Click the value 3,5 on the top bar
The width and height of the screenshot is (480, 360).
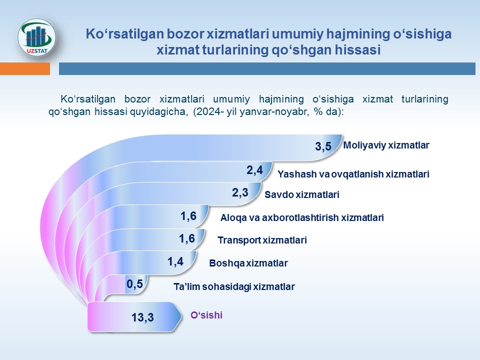323,147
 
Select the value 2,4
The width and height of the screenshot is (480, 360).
254,170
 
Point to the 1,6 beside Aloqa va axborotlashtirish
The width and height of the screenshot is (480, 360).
188,216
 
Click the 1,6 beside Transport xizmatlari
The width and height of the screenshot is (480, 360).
186,238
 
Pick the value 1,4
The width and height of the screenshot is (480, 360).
175,260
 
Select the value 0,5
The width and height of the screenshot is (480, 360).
135,284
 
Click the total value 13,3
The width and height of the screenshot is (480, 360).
142,317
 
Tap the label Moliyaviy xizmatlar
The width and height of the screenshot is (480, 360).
386,145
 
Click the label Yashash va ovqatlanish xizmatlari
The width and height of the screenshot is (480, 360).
353,174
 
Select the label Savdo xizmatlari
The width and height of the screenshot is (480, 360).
301,195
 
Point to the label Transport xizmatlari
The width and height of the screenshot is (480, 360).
262,240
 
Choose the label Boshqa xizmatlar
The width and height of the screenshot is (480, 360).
248,262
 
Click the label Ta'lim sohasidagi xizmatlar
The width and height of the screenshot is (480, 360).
234,286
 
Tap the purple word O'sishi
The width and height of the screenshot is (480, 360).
206,315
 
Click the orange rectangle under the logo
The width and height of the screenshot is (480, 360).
25,68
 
